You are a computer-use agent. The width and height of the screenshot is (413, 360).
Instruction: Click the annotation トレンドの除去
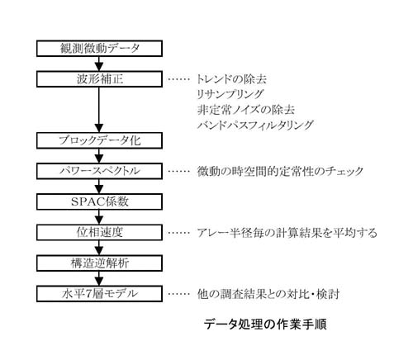pos(231,79)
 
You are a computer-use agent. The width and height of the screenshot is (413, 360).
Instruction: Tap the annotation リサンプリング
pos(230,94)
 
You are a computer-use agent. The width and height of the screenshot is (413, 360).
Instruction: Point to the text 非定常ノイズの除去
pos(246,110)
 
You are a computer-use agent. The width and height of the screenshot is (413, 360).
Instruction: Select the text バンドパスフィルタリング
pos(255,125)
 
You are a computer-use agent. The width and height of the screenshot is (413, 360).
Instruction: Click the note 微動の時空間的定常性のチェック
pos(280,171)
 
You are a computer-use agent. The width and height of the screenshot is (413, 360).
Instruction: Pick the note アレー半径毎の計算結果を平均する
pos(287,233)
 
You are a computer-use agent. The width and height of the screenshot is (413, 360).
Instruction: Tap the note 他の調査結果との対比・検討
pos(268,294)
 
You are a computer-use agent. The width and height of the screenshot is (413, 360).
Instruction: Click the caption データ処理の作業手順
pos(265,324)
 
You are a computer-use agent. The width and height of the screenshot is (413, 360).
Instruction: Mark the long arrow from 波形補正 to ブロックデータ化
pos(99,110)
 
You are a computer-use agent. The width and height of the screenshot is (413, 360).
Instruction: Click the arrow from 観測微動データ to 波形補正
pos(99,64)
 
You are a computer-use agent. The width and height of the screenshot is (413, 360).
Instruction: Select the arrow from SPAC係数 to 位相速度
pos(99,217)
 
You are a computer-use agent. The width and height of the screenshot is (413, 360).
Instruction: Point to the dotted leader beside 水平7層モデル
pos(179,294)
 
